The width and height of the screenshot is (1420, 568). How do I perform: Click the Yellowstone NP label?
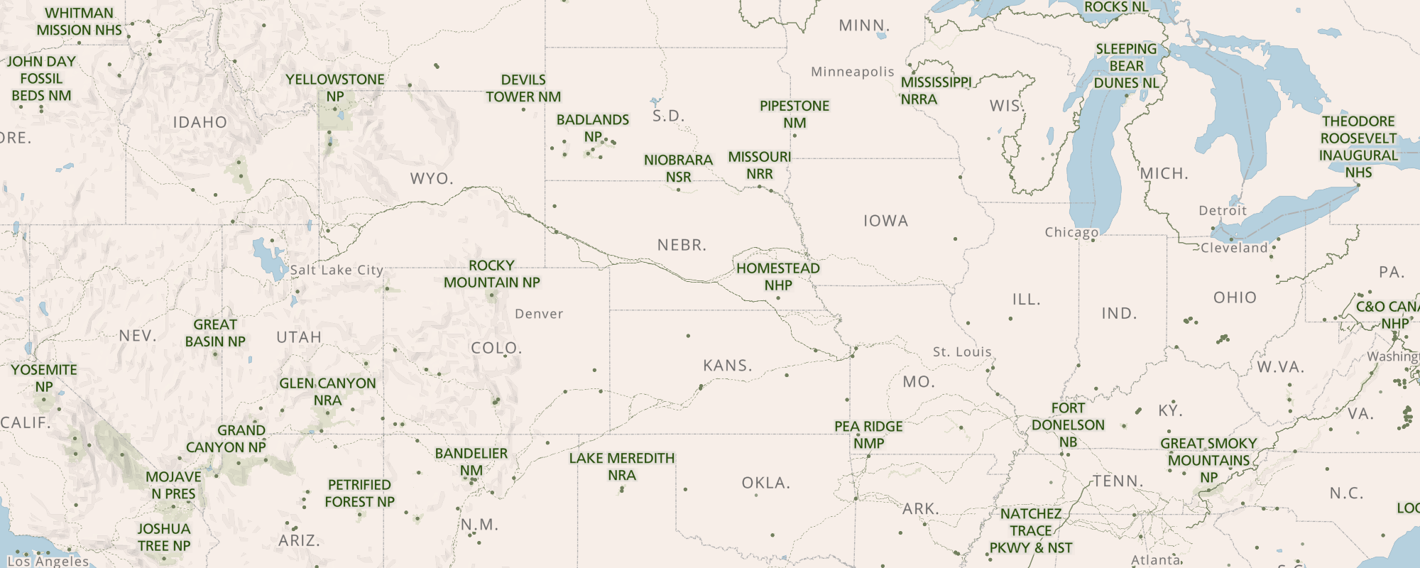tap(334, 88)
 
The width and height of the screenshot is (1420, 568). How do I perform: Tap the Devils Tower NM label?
tap(523, 88)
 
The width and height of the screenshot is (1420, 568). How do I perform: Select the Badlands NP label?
tap(592, 128)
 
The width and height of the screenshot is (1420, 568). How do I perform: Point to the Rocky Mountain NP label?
tap(491, 274)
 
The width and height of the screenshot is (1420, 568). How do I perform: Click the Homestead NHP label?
tap(778, 277)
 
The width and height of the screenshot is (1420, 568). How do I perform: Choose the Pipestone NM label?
tap(794, 114)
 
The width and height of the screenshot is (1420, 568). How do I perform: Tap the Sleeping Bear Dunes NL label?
tap(1126, 66)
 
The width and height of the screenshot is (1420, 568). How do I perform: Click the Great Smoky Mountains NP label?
tap(1208, 460)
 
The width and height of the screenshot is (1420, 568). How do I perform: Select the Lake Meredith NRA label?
tap(622, 466)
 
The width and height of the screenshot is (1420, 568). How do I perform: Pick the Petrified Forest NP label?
tap(359, 493)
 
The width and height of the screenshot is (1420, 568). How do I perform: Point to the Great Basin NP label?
tap(215, 333)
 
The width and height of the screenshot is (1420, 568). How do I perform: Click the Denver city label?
tap(539, 314)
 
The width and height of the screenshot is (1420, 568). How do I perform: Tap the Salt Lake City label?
tap(337, 270)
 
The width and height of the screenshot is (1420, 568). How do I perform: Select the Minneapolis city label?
tap(852, 72)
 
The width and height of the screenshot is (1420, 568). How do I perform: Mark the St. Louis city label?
tap(961, 352)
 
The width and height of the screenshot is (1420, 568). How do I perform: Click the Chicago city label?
tap(1071, 232)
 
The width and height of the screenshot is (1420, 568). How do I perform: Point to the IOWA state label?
tap(885, 221)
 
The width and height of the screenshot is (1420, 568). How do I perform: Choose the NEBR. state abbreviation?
tap(682, 245)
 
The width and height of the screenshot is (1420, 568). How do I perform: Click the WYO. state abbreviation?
tap(432, 178)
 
